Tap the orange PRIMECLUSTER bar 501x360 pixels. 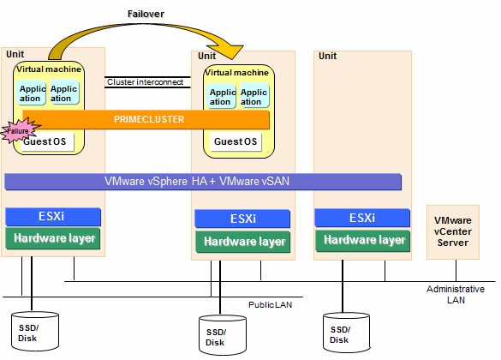click(x=146, y=120)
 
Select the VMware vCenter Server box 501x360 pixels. click(x=453, y=231)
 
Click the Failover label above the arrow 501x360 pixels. click(x=146, y=14)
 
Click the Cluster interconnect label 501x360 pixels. click(x=145, y=82)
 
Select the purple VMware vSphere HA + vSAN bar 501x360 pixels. click(x=203, y=182)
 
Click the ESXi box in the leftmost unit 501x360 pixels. click(x=53, y=217)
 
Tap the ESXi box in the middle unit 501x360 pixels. click(x=242, y=219)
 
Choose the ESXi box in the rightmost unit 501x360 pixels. click(x=362, y=218)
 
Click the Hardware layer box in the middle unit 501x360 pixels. click(x=243, y=242)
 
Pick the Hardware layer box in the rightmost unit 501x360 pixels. click(x=363, y=240)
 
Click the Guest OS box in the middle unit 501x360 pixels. click(x=236, y=141)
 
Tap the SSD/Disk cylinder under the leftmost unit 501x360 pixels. click(x=35, y=332)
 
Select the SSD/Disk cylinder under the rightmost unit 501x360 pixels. click(x=346, y=333)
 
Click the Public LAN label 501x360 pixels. click(x=271, y=304)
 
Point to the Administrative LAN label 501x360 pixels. click(x=456, y=295)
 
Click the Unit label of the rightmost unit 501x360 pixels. click(x=327, y=56)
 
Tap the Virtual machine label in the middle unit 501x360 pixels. click(x=236, y=73)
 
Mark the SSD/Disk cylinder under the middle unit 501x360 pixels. click(x=223, y=335)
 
